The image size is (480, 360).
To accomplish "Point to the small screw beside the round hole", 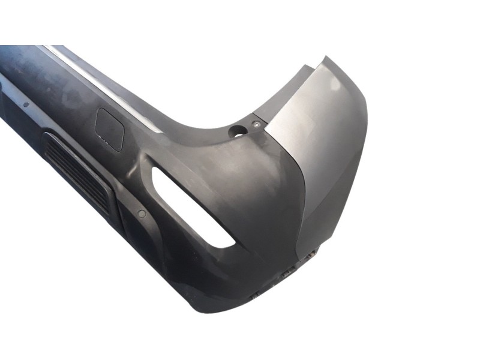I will [x=256, y=124].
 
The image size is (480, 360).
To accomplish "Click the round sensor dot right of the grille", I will [x=142, y=213].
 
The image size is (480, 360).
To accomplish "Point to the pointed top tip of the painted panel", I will [x=326, y=58].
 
